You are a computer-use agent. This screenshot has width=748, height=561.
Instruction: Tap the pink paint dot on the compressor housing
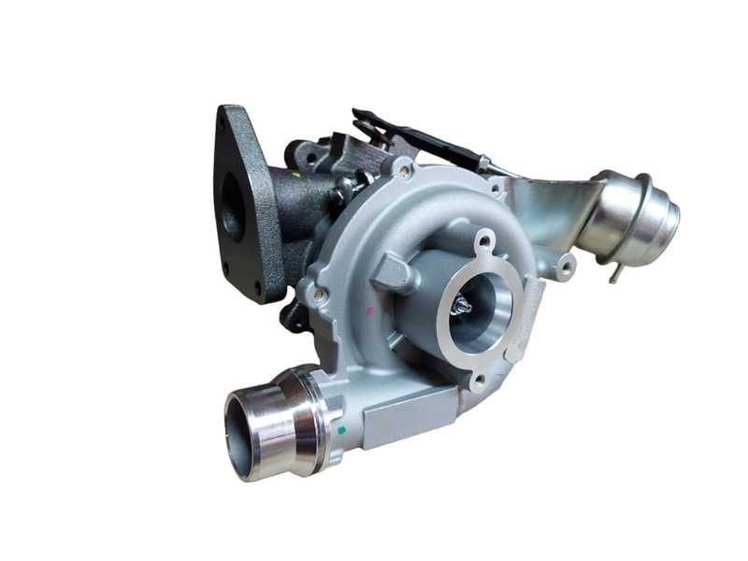pyautogui.click(x=370, y=309)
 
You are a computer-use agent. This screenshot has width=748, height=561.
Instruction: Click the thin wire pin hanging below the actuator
pyautogui.click(x=616, y=272)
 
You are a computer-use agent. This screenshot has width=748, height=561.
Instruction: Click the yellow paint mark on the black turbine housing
pyautogui.click(x=294, y=174)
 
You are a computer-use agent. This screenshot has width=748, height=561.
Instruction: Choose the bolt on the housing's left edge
pyautogui.click(x=321, y=295)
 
